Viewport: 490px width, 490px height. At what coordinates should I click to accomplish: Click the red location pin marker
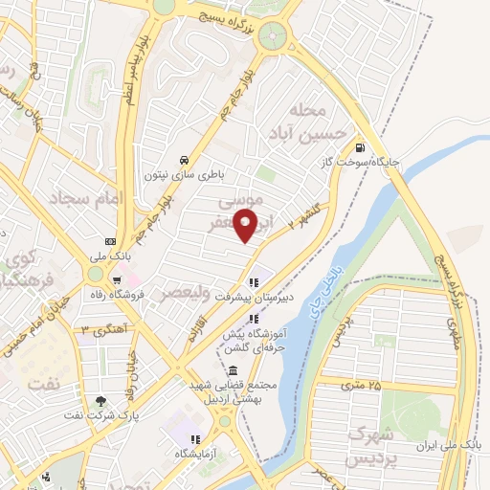coord(247,226)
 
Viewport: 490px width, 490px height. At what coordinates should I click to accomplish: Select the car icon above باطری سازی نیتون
coord(183,160)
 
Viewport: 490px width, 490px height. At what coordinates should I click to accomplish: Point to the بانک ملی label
coord(108,256)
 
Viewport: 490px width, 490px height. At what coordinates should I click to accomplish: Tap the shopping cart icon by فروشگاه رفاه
coord(116,280)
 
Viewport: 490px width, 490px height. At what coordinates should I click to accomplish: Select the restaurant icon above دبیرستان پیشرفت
coord(254,282)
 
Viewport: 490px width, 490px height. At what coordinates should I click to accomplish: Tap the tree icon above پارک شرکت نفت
coord(100,401)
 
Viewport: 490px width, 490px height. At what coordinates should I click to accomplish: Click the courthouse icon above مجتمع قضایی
coord(234,370)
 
